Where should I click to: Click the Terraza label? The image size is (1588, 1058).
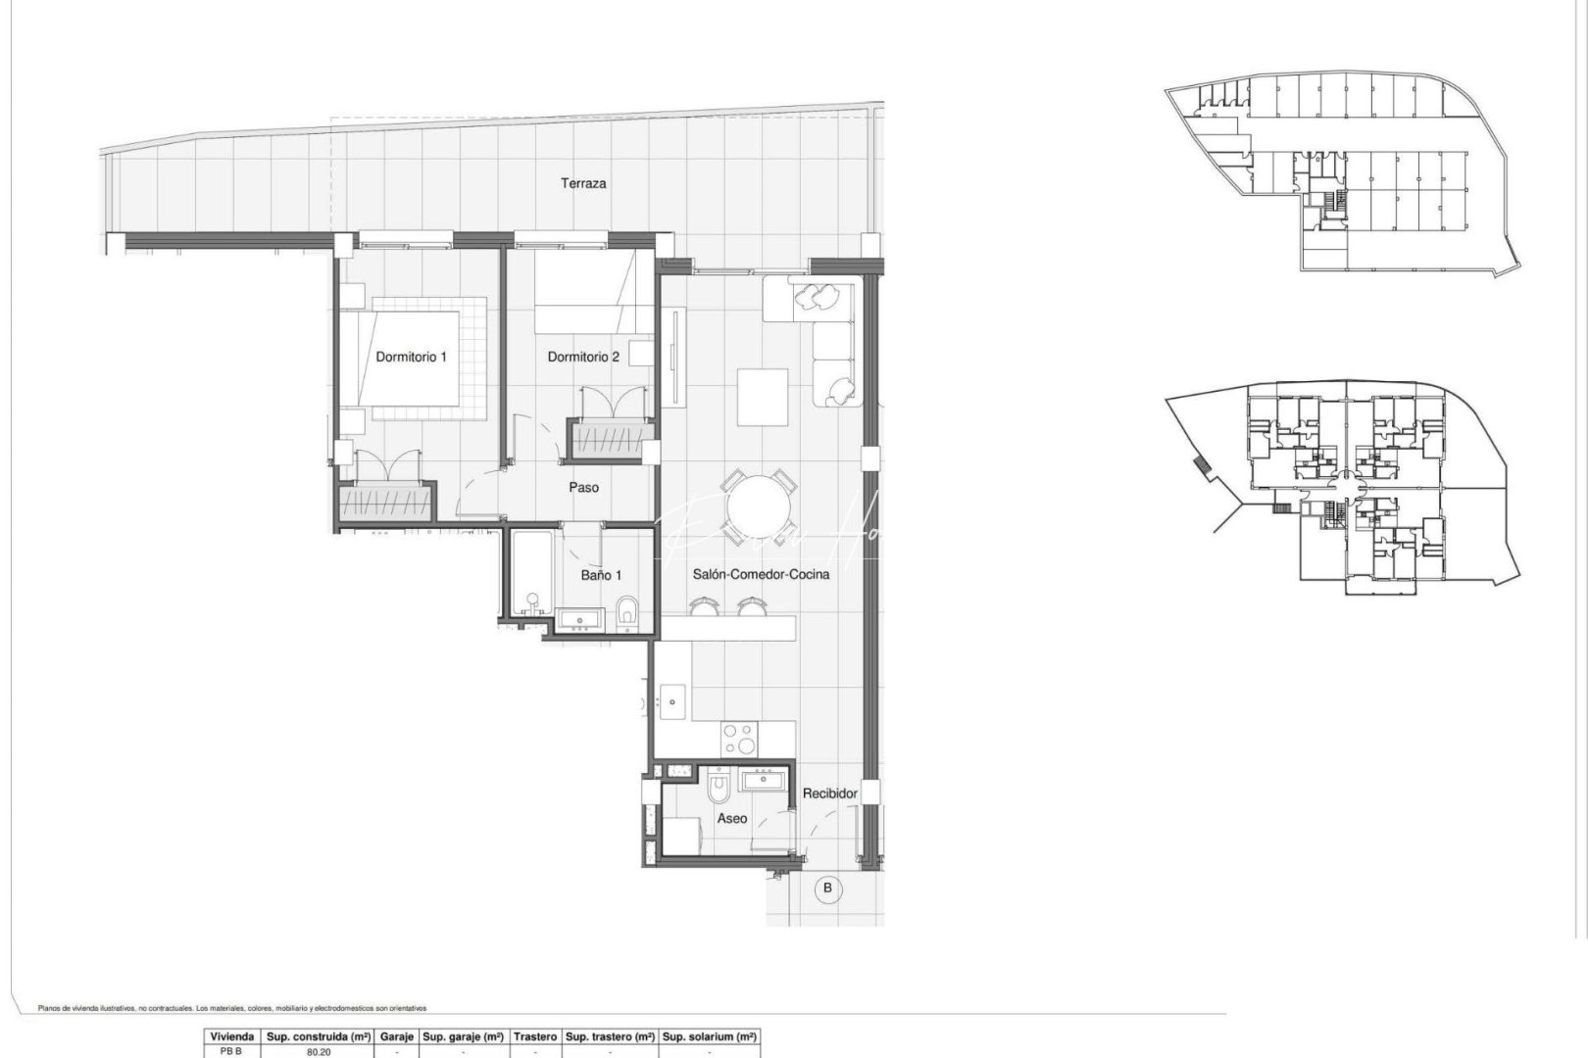point(583,183)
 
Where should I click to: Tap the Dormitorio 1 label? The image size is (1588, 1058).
point(411,357)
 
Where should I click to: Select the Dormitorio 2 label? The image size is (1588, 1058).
point(583,357)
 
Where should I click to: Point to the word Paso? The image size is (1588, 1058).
point(584,487)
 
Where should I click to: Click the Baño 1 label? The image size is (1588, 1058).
point(601,575)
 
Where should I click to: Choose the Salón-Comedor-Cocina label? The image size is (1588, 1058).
point(761,574)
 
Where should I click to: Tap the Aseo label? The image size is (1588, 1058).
point(731,818)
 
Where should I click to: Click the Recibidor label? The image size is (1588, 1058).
point(830,793)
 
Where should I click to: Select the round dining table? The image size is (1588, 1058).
point(756,505)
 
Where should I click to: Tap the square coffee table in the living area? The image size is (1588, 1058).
point(764,396)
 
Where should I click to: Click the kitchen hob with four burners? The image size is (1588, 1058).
point(739,737)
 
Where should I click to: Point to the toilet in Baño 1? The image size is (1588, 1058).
point(629,614)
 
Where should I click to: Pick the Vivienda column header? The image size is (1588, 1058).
point(231,1036)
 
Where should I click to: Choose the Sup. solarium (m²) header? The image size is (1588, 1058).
point(710,1036)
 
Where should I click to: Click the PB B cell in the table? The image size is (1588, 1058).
point(231,1051)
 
